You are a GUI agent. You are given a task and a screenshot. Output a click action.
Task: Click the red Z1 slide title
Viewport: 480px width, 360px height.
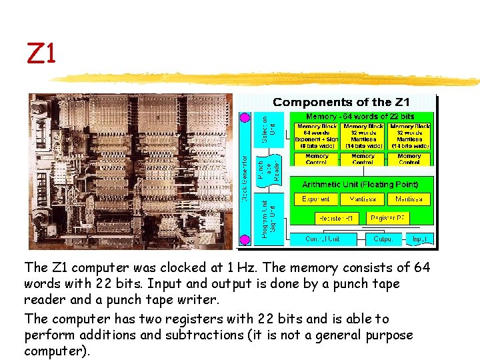click(x=41, y=54)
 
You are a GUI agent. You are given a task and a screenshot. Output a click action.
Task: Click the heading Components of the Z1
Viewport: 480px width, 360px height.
click(x=341, y=102)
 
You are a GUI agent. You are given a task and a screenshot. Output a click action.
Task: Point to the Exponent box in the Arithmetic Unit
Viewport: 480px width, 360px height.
click(x=316, y=199)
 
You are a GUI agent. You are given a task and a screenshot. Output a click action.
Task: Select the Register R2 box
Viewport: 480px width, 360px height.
click(x=389, y=217)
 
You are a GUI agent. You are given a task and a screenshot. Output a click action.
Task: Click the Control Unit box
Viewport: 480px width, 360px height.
click(x=323, y=239)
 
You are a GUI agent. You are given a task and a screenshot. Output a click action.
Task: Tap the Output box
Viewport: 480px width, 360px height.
click(x=383, y=239)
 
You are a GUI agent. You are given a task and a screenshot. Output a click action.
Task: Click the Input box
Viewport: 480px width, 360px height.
click(x=420, y=239)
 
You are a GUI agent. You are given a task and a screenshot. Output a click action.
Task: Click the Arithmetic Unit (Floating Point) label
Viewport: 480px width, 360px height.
click(x=360, y=184)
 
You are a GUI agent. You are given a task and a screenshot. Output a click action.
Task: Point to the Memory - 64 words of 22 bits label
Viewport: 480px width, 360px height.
click(x=360, y=117)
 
